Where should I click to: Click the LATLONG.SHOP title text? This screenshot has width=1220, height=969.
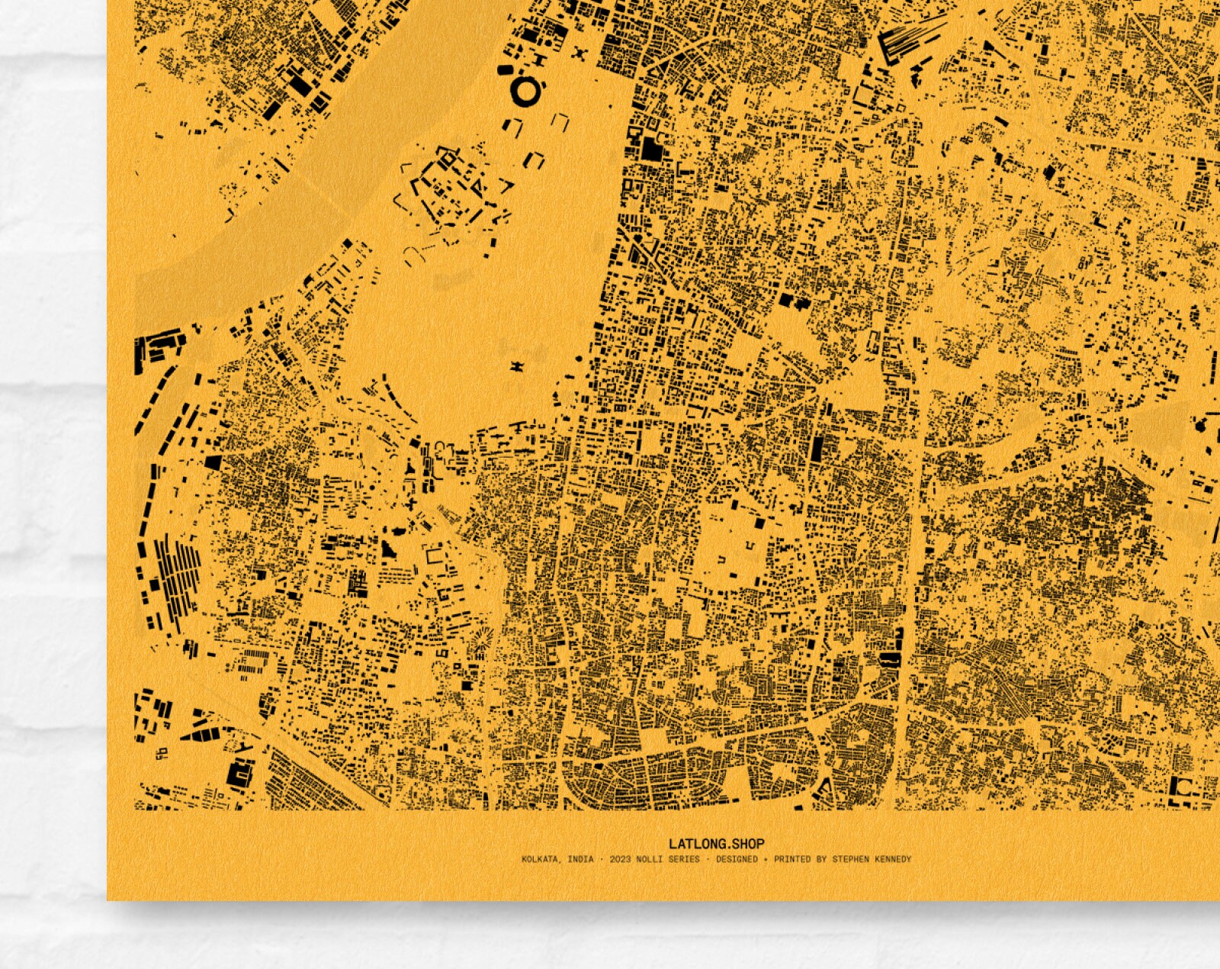click(716, 844)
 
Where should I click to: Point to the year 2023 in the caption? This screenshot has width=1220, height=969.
click(620, 859)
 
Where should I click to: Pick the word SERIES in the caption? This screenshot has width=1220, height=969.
click(684, 859)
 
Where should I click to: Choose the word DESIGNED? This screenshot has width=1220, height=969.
click(737, 859)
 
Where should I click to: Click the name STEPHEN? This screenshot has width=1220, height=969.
click(856, 859)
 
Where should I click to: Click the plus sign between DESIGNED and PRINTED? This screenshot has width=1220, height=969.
click(766, 859)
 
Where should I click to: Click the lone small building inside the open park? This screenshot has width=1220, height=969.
click(518, 367)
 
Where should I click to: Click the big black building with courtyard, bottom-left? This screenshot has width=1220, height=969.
click(240, 775)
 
